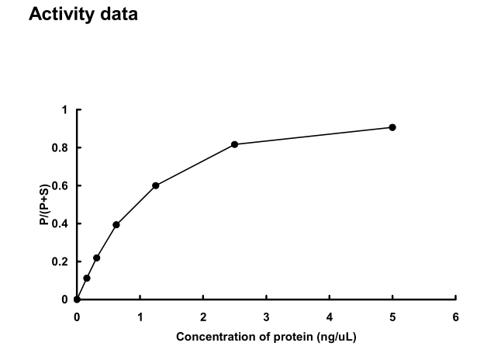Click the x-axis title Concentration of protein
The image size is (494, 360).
tap(266, 337)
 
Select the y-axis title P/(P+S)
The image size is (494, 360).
tap(45, 205)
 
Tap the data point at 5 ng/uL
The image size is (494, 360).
tap(392, 127)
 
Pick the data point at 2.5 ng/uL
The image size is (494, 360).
tap(234, 144)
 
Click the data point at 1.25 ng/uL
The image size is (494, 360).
tap(156, 185)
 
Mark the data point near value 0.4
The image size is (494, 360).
tap(116, 225)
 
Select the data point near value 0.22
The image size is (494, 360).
tap(96, 258)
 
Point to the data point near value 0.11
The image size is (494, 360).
tap(87, 278)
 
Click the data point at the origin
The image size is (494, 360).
tap(77, 299)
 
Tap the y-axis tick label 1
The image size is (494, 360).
tap(66, 110)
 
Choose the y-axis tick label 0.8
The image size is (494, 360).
tap(62, 148)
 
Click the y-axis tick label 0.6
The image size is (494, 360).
tap(62, 186)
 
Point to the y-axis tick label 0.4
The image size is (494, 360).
tap(62, 224)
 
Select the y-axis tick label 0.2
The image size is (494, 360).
tap(62, 261)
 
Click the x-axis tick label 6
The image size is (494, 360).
tap(455, 317)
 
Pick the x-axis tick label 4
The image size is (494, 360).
tap(329, 317)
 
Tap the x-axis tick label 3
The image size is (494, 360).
tap(266, 317)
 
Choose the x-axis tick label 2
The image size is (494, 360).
tap(203, 317)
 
